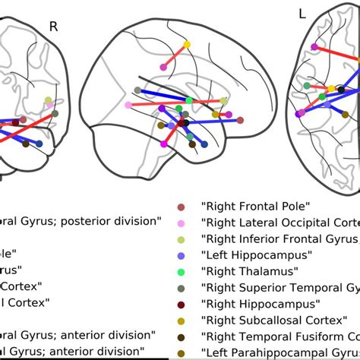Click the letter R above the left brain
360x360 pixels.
click(x=53, y=27)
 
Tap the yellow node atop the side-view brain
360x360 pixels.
click(x=187, y=44)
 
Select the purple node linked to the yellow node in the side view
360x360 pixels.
click(x=164, y=67)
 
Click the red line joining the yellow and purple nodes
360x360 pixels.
click(x=175, y=55)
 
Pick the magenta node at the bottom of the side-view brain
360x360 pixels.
click(x=164, y=143)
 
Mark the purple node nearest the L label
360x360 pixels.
click(x=314, y=47)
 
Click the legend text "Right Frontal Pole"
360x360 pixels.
click(x=246, y=206)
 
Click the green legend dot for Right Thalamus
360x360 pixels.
click(x=180, y=271)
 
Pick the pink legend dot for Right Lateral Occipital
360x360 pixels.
click(x=180, y=223)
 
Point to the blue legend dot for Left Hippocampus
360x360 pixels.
click(x=180, y=255)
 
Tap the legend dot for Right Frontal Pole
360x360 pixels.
click(x=180, y=207)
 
